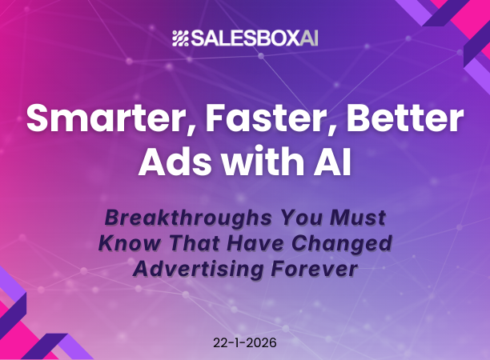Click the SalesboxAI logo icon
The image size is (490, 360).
pos(181,38)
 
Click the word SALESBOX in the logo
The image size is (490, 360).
pos(239,38)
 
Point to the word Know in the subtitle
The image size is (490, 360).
pos(125,242)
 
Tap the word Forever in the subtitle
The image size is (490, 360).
pos(314,270)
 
